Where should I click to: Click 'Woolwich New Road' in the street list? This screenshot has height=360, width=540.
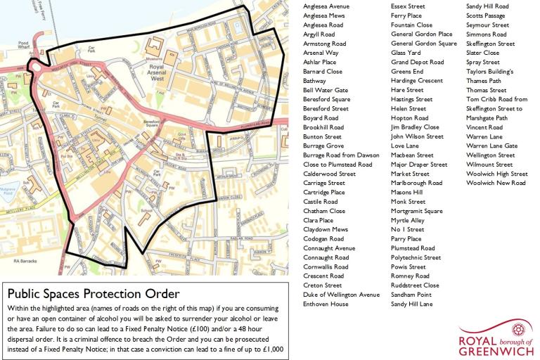click(x=496, y=183)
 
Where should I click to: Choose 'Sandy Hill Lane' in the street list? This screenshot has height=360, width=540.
click(x=411, y=304)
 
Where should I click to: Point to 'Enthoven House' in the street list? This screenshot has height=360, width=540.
click(x=326, y=304)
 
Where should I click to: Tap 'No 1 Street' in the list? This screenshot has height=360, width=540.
click(x=408, y=229)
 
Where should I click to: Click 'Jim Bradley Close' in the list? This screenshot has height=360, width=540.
click(x=415, y=127)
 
